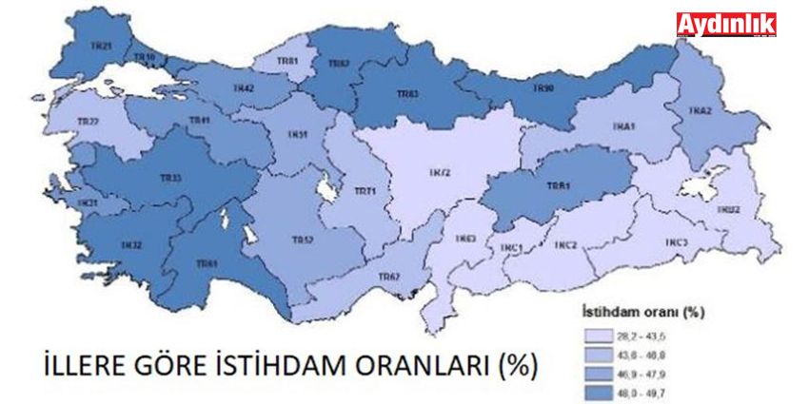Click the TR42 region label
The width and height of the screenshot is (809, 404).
[243, 87]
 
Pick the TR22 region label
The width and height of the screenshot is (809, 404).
[89, 122]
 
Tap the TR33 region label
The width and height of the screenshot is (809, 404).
[170, 178]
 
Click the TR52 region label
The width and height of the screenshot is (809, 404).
[301, 240]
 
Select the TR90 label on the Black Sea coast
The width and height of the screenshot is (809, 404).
[543, 88]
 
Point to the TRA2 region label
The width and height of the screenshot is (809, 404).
[701, 111]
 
